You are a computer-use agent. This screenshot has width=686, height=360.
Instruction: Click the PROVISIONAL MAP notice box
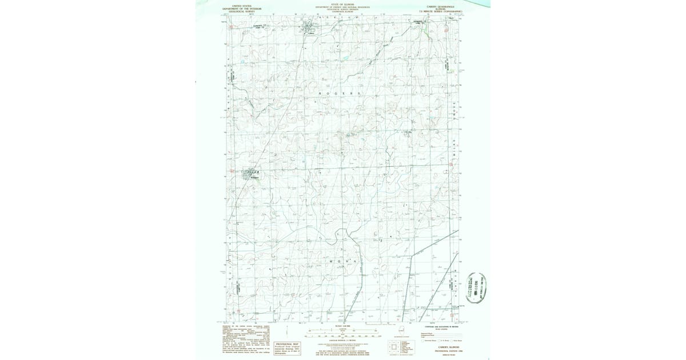point(288,348)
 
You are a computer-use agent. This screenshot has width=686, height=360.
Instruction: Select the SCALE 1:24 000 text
point(343,326)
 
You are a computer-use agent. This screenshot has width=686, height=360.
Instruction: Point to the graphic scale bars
point(343,334)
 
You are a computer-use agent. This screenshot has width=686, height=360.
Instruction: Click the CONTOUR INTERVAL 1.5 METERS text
point(343,341)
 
